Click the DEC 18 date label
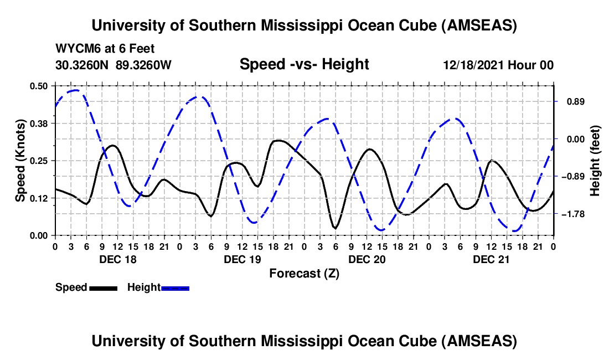(x=117, y=259)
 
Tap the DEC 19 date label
(x=241, y=259)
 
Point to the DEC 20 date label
(x=366, y=259)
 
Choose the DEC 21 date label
(x=491, y=259)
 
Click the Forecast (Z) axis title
(x=304, y=273)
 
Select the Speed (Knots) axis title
(x=20, y=161)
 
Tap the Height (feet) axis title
(x=595, y=161)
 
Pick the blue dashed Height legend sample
(x=175, y=288)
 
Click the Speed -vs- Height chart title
(x=304, y=64)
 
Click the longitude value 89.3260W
(x=143, y=65)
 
